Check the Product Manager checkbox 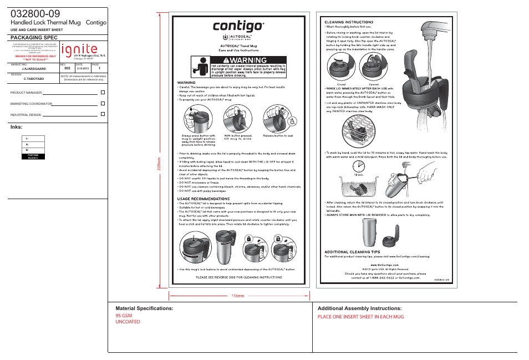click(103, 92)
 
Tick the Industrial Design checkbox click(103, 114)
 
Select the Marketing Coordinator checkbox click(103, 103)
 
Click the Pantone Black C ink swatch click(33, 156)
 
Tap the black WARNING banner click(248, 59)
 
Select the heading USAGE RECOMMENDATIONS click(202, 198)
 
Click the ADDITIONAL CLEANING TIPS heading click(352, 251)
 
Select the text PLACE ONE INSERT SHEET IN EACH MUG click(360, 316)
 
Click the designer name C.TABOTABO click(34, 79)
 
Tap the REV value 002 click(67, 68)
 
